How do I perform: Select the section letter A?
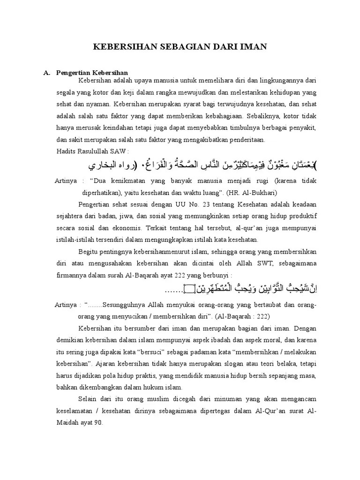click(x=46, y=73)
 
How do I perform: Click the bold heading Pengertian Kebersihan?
click(x=92, y=73)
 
